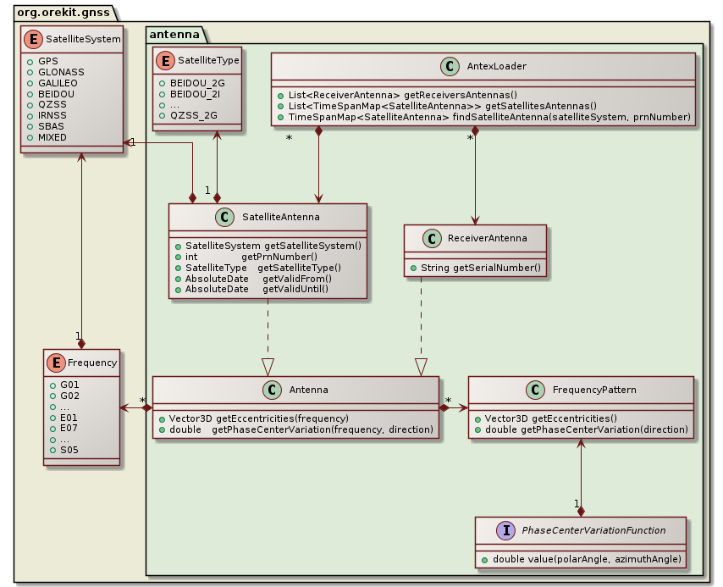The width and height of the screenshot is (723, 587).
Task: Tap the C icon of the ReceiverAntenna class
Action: point(430,239)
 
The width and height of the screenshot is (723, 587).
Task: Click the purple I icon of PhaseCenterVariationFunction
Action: point(506,530)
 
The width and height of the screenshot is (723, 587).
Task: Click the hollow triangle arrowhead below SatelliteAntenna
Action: point(268,366)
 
